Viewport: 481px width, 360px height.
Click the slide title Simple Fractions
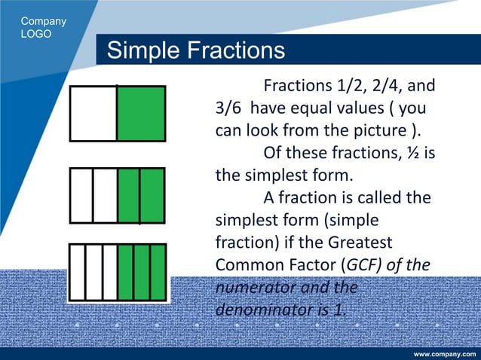(x=196, y=51)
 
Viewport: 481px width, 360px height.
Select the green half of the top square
(x=141, y=114)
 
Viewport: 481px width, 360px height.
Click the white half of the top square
(x=93, y=114)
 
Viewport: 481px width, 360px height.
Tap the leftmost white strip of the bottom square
(x=77, y=273)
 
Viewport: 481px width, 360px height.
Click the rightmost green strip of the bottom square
(x=158, y=273)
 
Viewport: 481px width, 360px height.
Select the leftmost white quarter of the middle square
(x=81, y=195)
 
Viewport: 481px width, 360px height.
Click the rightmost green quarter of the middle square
(x=152, y=195)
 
